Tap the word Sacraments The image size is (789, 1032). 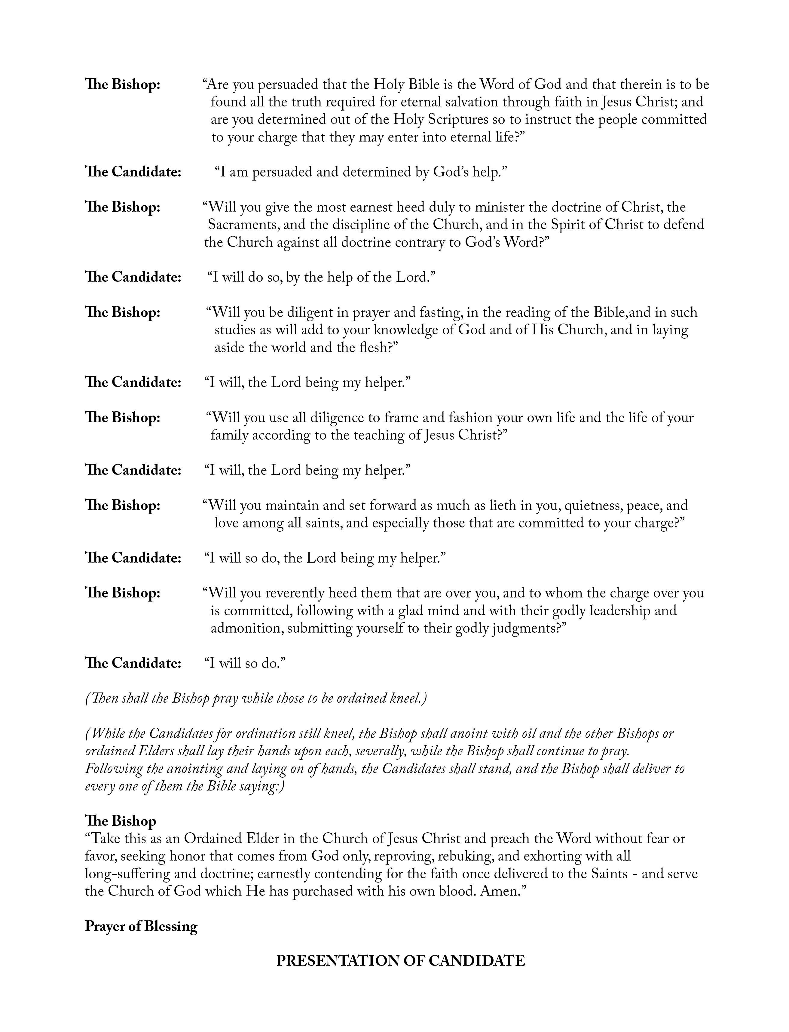point(244,225)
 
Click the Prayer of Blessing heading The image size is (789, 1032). point(141,927)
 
